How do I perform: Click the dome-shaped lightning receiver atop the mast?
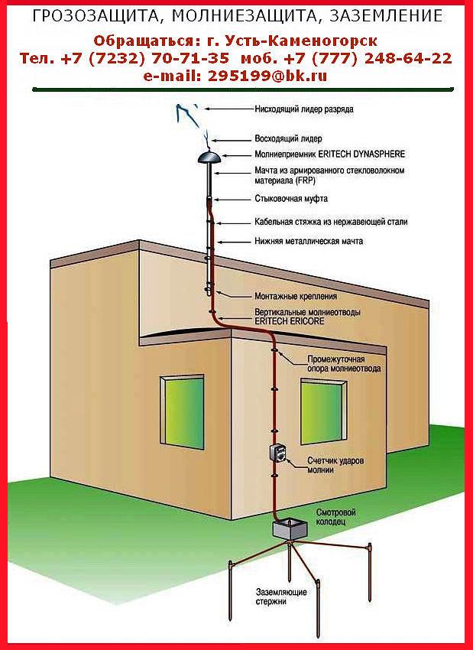pyautogui.click(x=209, y=157)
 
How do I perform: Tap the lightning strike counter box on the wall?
pyautogui.click(x=279, y=455)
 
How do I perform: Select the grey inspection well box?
pyautogui.click(x=290, y=530)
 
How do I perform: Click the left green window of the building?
pyautogui.click(x=183, y=411)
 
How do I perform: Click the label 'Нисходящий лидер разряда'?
pyautogui.click(x=304, y=109)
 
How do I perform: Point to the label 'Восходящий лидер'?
pyautogui.click(x=288, y=138)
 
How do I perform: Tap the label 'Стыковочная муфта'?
pyautogui.click(x=291, y=199)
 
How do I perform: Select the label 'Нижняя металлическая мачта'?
pyautogui.click(x=309, y=241)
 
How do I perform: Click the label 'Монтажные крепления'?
pyautogui.click(x=295, y=297)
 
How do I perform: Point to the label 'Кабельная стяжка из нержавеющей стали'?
pyautogui.click(x=331, y=223)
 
